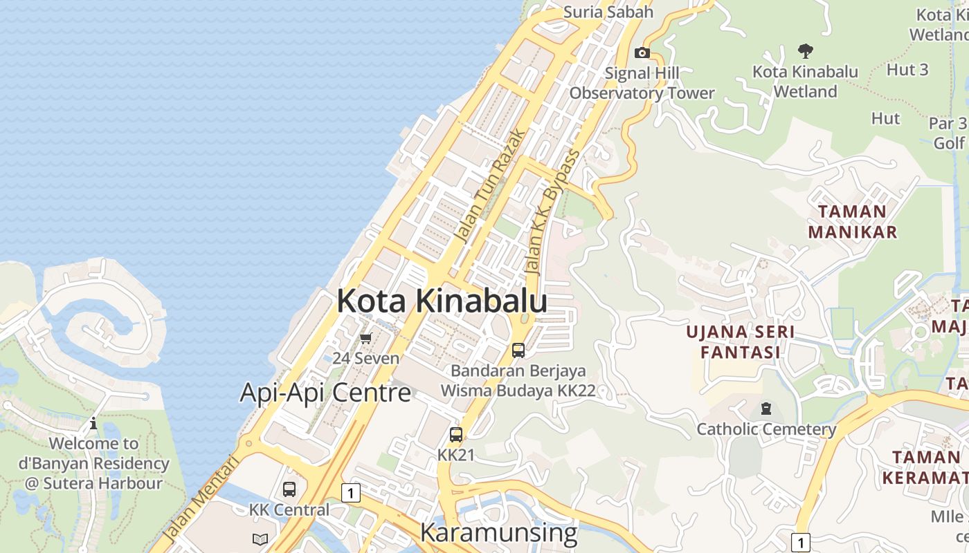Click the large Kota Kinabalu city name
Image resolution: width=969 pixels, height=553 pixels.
coord(442,301)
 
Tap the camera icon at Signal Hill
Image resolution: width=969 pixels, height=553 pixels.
coord(642,53)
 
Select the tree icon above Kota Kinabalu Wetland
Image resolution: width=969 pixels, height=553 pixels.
coord(805,50)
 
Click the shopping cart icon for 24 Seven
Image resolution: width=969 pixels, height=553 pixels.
coord(365,338)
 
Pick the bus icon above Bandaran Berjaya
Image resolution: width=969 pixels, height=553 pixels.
coord(518,350)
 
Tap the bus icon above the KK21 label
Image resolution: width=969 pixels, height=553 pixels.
coord(455,435)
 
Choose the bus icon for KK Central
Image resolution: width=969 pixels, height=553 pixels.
coord(289,489)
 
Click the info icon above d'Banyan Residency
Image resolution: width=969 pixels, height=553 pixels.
coord(93,423)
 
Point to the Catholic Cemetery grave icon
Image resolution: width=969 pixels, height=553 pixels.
coord(766,409)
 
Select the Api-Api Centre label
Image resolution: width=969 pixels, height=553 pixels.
coord(325,393)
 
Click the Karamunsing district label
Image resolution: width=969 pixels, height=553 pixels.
coord(498,533)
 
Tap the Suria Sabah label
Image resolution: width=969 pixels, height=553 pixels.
coord(608,12)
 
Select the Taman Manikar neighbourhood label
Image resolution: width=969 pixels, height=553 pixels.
coord(852,221)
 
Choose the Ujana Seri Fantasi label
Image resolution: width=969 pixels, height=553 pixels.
coord(740,342)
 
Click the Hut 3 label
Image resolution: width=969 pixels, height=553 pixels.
coord(907,70)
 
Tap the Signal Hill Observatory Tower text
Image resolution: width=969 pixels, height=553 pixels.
coord(642,83)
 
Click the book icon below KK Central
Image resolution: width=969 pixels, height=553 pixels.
coord(260,539)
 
